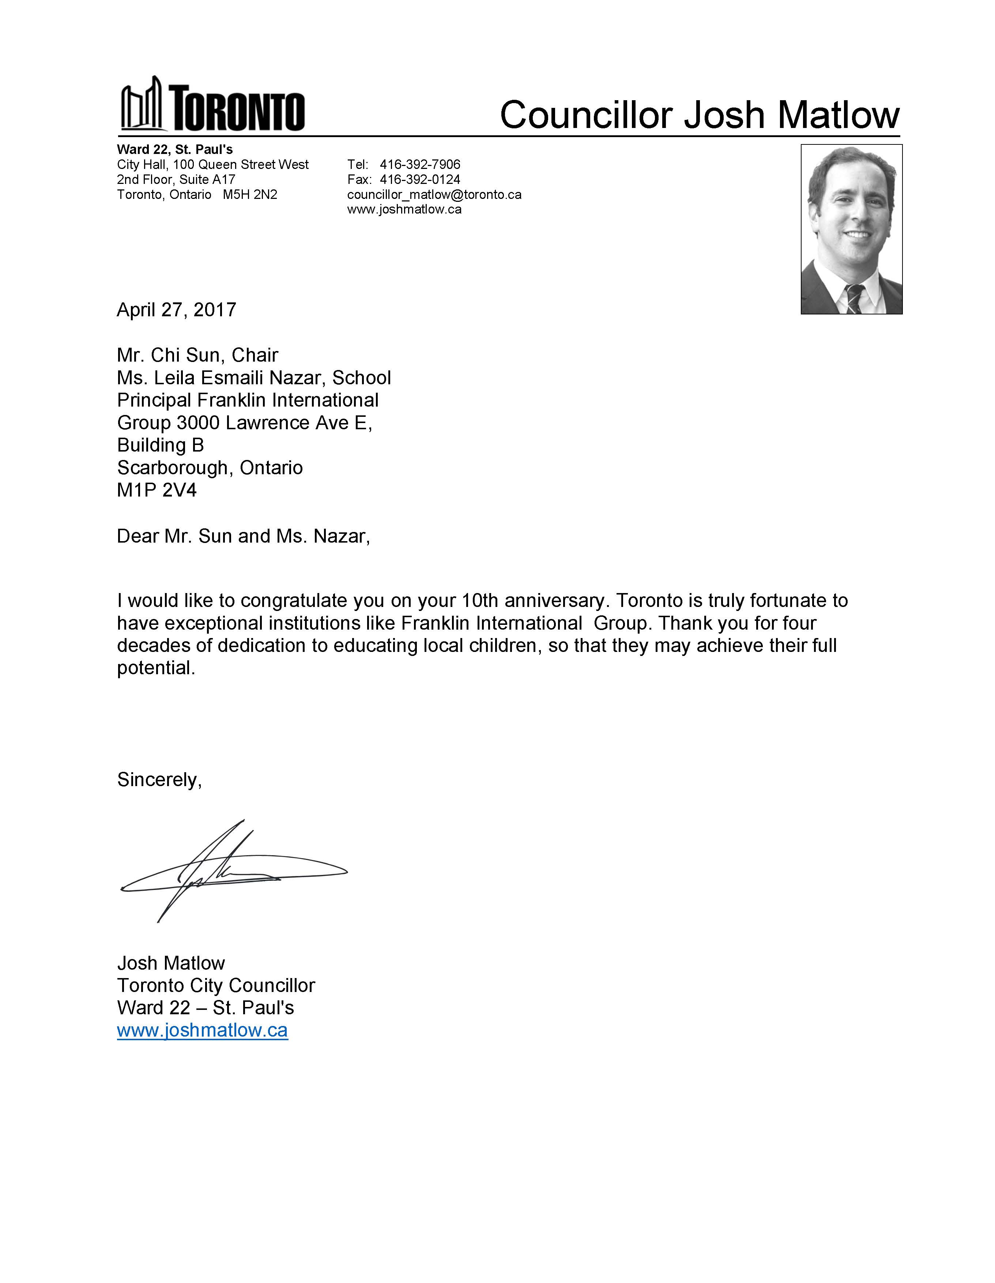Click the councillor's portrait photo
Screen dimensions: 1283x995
point(851,229)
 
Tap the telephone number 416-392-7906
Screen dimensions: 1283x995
point(419,165)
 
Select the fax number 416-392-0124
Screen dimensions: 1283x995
point(419,179)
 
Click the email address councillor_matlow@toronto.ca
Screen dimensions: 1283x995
point(434,195)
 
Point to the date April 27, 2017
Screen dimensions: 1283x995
point(176,310)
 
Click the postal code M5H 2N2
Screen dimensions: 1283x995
point(250,195)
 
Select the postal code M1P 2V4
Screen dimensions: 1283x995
point(157,490)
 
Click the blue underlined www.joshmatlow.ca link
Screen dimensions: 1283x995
point(202,1030)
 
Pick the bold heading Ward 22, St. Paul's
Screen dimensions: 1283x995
point(174,149)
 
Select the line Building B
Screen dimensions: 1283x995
point(161,445)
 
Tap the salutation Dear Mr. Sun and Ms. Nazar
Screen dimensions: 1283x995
point(243,536)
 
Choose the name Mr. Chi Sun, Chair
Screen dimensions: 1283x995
point(197,355)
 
